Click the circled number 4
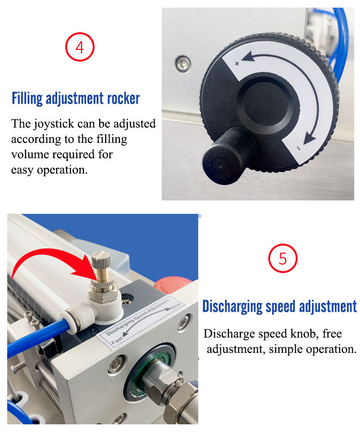click(80, 47)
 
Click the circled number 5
click(283, 258)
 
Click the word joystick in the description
click(54, 124)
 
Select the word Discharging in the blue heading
click(232, 306)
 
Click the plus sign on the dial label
click(237, 64)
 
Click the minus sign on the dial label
click(298, 149)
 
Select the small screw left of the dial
click(182, 63)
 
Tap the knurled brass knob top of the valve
click(101, 259)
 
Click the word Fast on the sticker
click(117, 340)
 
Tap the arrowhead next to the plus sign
click(249, 57)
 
